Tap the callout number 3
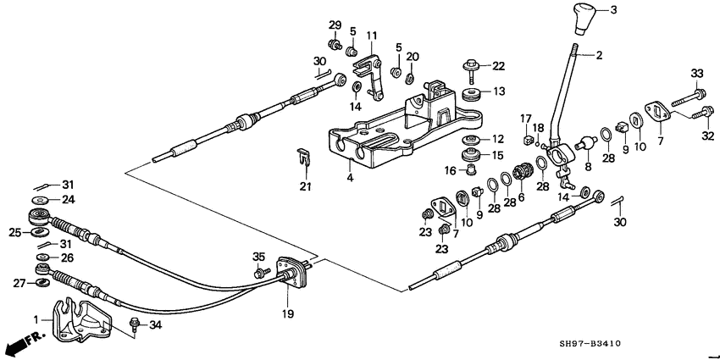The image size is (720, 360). click(614, 9)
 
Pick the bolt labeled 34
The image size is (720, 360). click(134, 323)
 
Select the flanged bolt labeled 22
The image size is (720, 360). click(470, 65)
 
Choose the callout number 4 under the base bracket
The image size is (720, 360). click(348, 179)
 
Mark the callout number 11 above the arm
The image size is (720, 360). click(371, 35)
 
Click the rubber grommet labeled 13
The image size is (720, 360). click(473, 92)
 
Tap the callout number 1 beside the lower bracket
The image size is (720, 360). click(36, 318)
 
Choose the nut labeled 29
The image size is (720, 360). click(335, 43)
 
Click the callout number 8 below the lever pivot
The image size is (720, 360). click(585, 168)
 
